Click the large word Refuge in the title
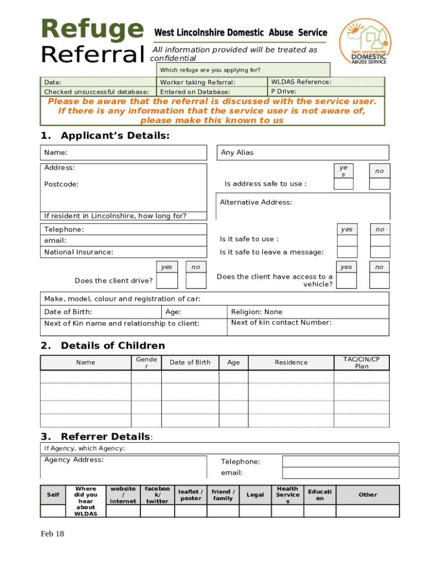[x=91, y=30]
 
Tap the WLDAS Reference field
[x=326, y=82]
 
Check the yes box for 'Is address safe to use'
[x=344, y=183]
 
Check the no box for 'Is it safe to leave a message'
[x=379, y=252]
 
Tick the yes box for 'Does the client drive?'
[x=167, y=280]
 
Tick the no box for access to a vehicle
[x=379, y=280]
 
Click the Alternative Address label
[x=256, y=202]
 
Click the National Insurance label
[x=79, y=252]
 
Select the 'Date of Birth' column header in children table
[x=190, y=362]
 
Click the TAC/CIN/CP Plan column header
[x=361, y=362]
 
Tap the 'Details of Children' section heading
[x=112, y=345]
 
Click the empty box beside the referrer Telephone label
[x=340, y=462]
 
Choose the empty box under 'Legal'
[x=255, y=511]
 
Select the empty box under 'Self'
[x=53, y=511]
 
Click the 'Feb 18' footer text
[x=52, y=534]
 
